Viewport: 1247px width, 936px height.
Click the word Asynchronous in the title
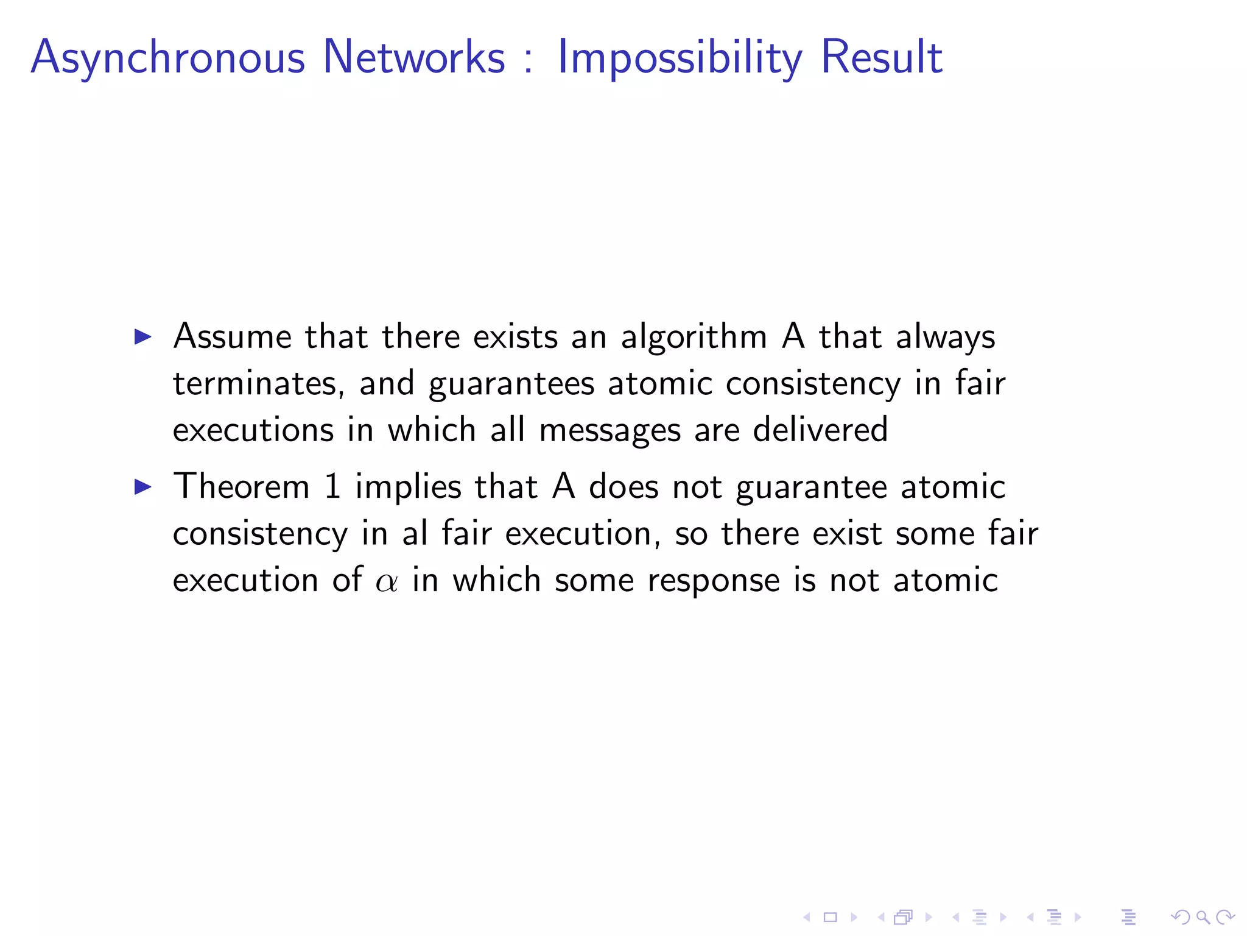(x=167, y=58)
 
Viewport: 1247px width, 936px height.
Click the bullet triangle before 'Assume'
(x=142, y=336)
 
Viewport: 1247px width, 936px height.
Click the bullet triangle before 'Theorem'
(x=142, y=486)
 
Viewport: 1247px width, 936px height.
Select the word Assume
(x=233, y=336)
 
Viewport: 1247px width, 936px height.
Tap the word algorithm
(x=694, y=338)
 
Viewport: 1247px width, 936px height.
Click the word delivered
(x=820, y=430)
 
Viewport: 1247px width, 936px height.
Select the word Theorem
(x=242, y=487)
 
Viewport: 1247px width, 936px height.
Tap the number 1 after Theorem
(x=332, y=487)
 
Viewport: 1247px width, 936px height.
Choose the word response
(x=713, y=581)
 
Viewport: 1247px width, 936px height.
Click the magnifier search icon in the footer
(x=1203, y=916)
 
